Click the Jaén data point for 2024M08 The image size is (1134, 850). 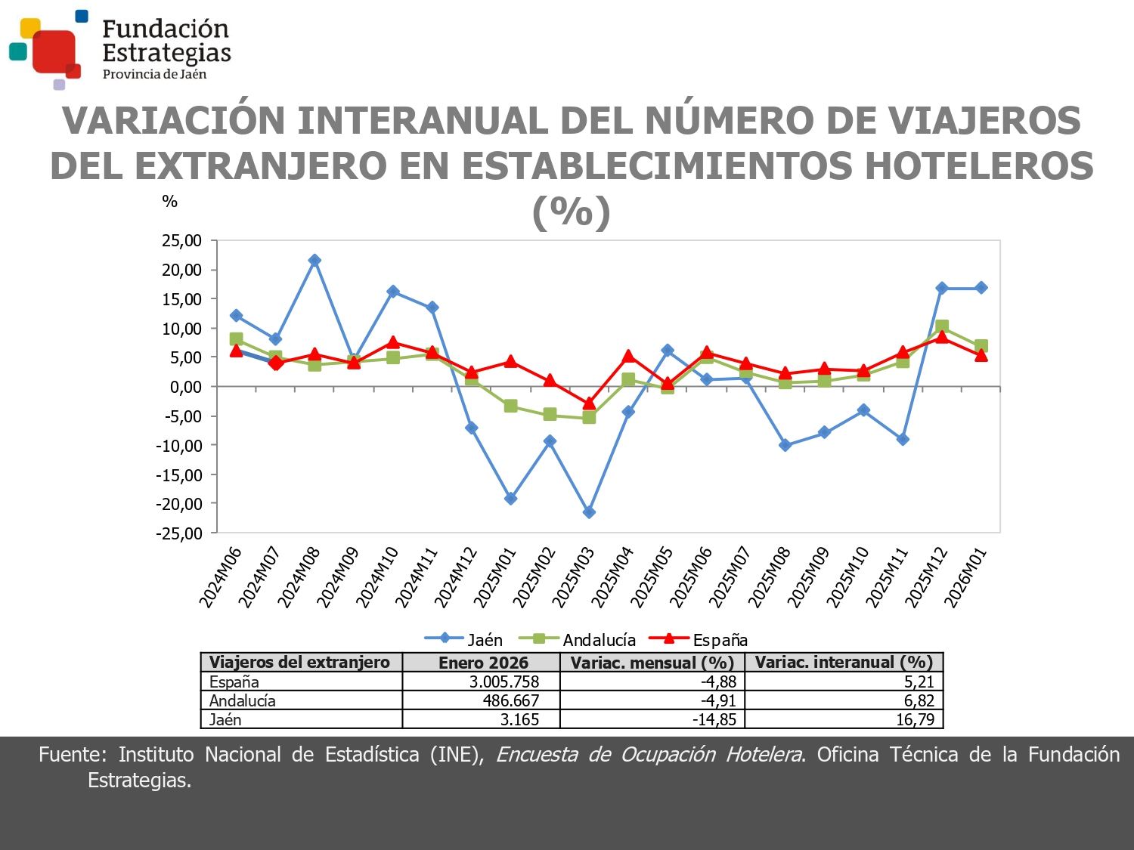coord(314,261)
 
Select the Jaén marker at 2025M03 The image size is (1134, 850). coord(589,512)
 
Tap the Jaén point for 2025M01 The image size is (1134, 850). coord(510,499)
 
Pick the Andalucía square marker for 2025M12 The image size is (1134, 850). coord(941,326)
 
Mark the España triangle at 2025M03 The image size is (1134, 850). coord(589,403)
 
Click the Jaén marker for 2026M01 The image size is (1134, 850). coord(981,288)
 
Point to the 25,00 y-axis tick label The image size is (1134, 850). coord(181,241)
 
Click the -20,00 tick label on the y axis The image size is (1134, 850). coord(179,504)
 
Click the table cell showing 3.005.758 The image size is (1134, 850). coord(503,682)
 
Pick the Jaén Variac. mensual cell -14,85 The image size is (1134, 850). coord(714,719)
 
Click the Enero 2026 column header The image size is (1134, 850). coord(483,663)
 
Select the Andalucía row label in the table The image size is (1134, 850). coord(243,700)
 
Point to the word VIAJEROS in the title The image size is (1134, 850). coord(984,121)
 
